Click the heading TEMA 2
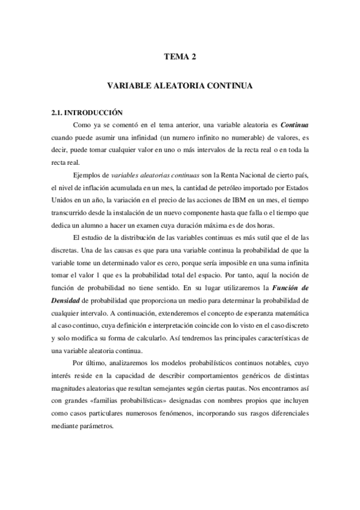tap(180, 58)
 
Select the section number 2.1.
tap(57, 112)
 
